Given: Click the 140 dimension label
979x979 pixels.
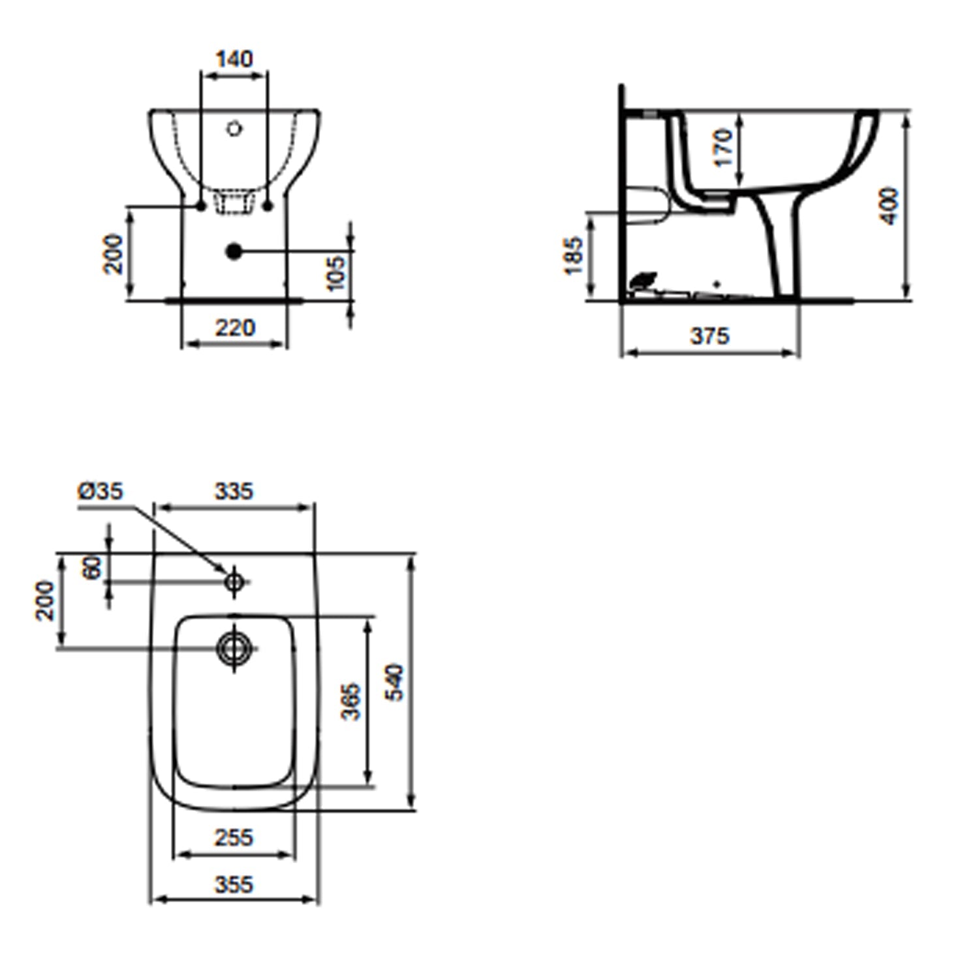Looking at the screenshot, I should [234, 59].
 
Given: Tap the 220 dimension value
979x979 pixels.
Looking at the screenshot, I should [235, 328].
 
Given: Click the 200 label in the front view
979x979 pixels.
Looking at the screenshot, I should [114, 254].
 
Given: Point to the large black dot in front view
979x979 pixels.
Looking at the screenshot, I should [234, 251].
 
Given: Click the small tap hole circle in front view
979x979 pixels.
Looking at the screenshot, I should [234, 129].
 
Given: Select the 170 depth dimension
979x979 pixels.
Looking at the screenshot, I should [723, 148].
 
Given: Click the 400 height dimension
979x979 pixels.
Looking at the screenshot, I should [890, 206].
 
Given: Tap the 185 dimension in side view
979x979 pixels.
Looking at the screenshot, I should [572, 256].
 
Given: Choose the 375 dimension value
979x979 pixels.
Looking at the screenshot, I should [709, 336].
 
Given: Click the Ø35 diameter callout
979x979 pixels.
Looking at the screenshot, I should [101, 491].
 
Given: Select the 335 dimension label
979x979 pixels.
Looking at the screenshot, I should [234, 491].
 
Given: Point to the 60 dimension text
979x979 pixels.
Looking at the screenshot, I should [93, 567].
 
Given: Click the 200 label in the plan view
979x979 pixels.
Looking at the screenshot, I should [45, 600].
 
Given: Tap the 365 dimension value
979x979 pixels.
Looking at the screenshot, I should [351, 702].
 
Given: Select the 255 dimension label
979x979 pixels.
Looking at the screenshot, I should [234, 837].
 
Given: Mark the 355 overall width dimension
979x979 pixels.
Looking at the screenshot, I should [234, 884].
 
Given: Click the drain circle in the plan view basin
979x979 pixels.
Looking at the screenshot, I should [234, 647].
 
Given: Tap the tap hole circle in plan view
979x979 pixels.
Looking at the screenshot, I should [234, 580].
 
